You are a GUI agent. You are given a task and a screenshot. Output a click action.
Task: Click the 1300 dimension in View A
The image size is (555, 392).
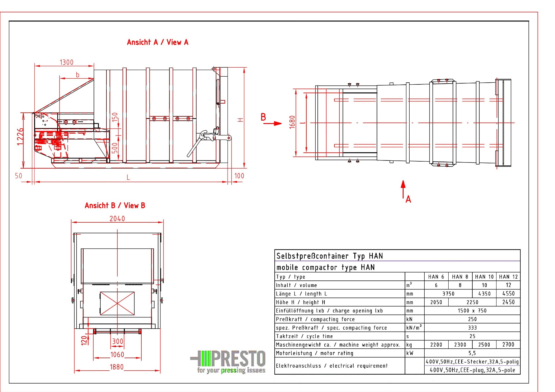(x=66, y=62)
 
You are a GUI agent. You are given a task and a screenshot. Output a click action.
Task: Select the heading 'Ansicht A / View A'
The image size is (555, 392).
(x=158, y=42)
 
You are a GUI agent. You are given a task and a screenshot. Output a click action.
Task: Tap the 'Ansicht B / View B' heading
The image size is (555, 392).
(x=115, y=206)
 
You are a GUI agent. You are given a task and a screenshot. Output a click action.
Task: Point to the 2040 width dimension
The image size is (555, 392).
(x=117, y=219)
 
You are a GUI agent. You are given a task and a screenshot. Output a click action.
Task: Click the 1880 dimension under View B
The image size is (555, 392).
(x=117, y=367)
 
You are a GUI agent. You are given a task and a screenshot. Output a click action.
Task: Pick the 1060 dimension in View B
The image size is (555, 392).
(x=117, y=355)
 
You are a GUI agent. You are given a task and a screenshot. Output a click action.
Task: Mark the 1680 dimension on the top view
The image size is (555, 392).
(x=292, y=122)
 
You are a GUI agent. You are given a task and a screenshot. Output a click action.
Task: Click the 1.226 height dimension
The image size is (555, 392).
(x=20, y=137)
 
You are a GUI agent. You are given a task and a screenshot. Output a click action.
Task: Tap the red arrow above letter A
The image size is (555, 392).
(x=403, y=189)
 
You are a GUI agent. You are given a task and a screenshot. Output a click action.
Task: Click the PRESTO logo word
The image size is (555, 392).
(x=238, y=359)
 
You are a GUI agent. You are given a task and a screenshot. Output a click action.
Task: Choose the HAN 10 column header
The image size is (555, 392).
(x=484, y=277)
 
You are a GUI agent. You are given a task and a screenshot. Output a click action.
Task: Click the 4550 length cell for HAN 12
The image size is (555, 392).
(x=508, y=294)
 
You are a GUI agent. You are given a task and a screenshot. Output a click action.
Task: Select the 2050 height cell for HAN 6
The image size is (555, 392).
(x=436, y=302)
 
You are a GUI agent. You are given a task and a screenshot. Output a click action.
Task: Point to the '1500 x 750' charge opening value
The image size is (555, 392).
(x=472, y=311)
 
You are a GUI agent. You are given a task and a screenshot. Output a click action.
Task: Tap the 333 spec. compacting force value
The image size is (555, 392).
(x=472, y=328)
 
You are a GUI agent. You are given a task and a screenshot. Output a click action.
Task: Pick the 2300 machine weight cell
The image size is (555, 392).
(x=460, y=345)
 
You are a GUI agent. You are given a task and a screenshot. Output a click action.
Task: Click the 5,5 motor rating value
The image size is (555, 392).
(x=472, y=353)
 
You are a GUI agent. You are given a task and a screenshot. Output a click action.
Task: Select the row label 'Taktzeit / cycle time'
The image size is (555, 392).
(x=304, y=336)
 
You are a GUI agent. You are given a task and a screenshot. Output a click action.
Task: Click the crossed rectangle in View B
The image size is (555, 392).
(x=117, y=303)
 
